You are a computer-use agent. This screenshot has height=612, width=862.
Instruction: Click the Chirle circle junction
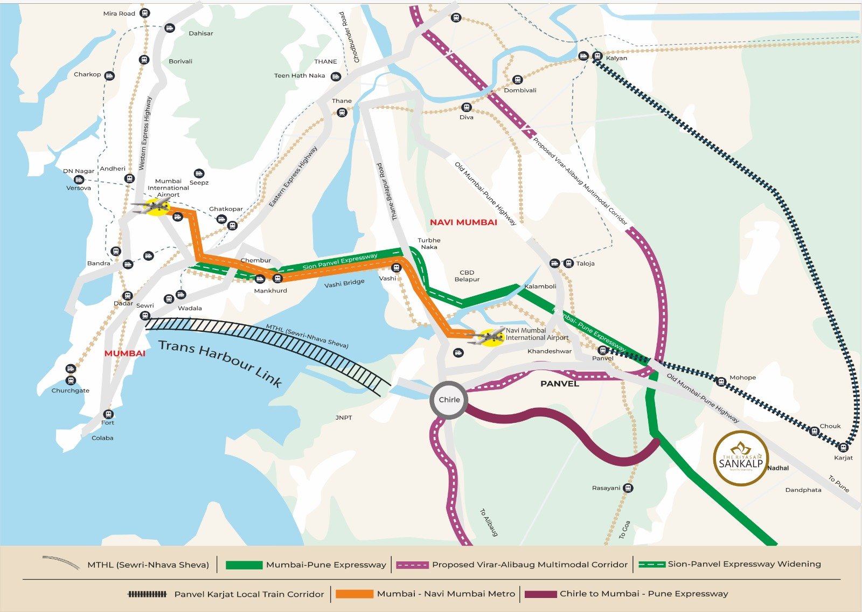449,400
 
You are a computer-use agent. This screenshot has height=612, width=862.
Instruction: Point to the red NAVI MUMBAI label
463,222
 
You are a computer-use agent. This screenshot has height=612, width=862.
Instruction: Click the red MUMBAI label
125,353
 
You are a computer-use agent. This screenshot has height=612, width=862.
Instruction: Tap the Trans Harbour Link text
220,363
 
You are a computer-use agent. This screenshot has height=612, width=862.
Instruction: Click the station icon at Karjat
844,447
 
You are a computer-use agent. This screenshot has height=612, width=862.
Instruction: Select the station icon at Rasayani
628,488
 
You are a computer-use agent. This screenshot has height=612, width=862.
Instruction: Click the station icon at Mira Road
144,13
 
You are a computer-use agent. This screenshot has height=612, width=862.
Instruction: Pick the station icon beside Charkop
109,75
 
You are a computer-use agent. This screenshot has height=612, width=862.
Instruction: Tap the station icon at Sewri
145,316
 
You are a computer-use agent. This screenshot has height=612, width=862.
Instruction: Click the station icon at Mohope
721,382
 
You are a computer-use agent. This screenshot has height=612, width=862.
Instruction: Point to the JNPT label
344,418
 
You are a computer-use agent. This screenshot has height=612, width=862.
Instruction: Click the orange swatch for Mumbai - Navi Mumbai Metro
354,594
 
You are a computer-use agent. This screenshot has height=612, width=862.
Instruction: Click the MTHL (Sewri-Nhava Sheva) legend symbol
61,562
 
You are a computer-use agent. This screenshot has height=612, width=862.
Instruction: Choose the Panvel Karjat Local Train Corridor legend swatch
147,594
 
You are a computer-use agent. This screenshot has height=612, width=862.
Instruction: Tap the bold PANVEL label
559,384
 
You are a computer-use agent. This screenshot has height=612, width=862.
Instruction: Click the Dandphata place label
803,490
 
